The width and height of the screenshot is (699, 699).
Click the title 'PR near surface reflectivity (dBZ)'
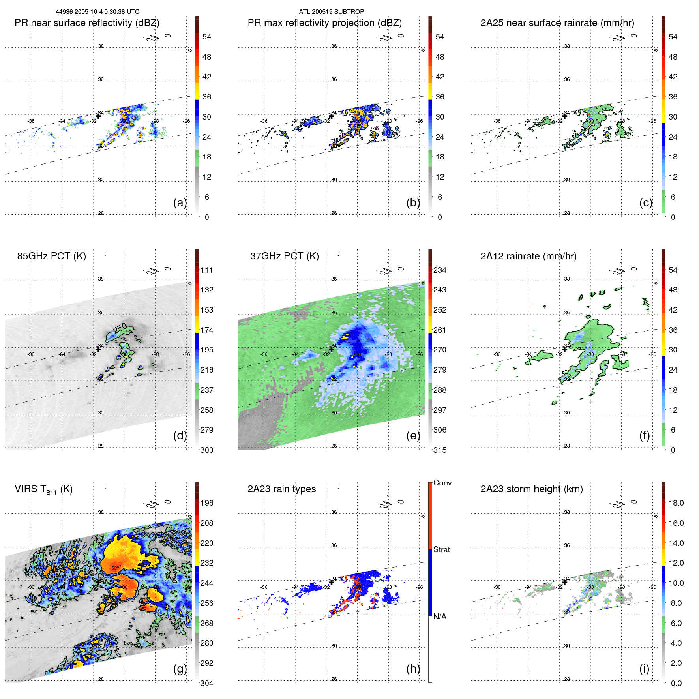pyautogui.click(x=87, y=23)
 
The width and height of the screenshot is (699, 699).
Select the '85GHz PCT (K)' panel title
pyautogui.click(x=51, y=256)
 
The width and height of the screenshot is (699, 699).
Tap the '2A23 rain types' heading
pyautogui.click(x=281, y=489)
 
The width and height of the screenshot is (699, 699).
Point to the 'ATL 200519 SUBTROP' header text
pyautogui.click(x=331, y=12)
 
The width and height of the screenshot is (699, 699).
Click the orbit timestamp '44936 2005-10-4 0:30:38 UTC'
pyautogui.click(x=97, y=12)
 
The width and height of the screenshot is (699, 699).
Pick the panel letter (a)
pyautogui.click(x=180, y=202)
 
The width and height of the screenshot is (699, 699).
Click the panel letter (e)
pyautogui.click(x=413, y=435)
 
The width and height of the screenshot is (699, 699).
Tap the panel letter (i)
pyautogui.click(x=644, y=669)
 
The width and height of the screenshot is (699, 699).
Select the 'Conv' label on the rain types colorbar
pyautogui.click(x=442, y=483)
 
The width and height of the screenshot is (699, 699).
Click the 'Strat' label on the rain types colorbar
pyautogui.click(x=441, y=549)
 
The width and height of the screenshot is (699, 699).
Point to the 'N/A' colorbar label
pyautogui.click(x=440, y=617)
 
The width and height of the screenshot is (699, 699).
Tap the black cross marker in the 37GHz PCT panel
pyautogui.click(x=332, y=349)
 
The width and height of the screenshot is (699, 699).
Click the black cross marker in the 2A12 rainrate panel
pyautogui.click(x=564, y=349)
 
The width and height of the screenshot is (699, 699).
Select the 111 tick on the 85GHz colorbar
pyautogui.click(x=207, y=270)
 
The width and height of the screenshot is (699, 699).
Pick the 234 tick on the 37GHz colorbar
pyautogui.click(x=440, y=270)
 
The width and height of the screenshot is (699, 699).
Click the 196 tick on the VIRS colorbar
pyautogui.click(x=207, y=503)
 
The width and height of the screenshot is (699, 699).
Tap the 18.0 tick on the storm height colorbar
pyautogui.click(x=676, y=503)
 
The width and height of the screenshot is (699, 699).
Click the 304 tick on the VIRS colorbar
pyautogui.click(x=207, y=683)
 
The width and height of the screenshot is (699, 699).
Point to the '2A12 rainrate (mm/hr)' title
pyautogui.click(x=528, y=256)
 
